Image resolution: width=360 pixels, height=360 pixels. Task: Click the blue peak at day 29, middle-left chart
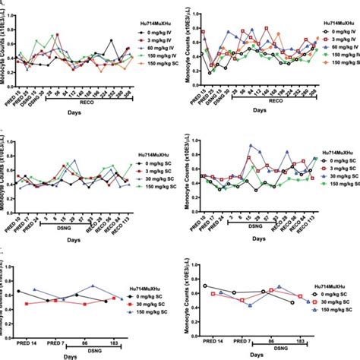(74, 161)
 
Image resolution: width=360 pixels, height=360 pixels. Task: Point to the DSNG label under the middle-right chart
(251, 227)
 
